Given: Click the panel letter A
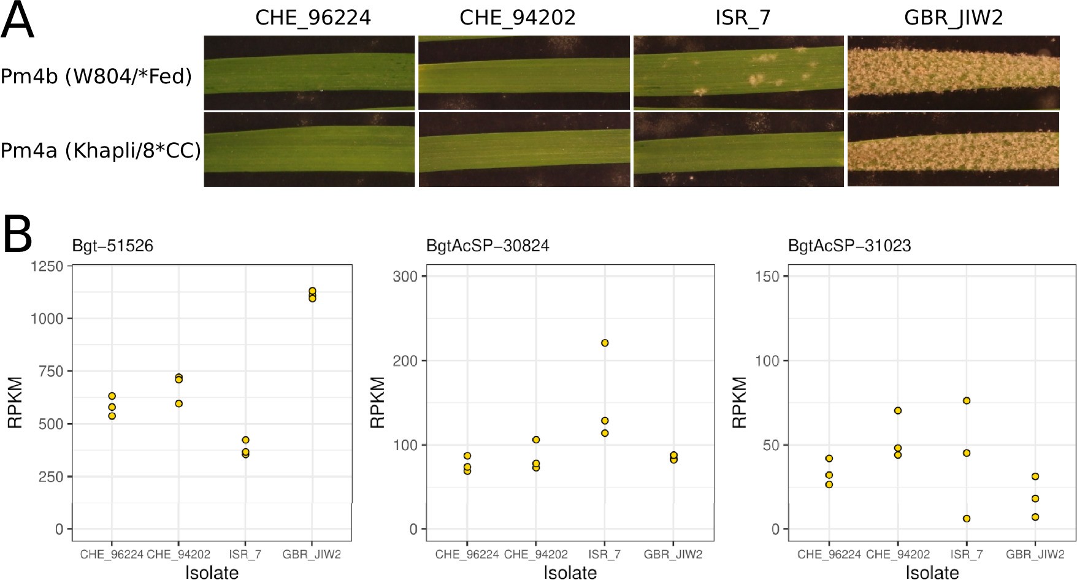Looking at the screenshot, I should coord(17,21).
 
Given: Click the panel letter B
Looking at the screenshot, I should coord(17,235).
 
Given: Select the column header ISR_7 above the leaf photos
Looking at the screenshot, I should coord(742,17).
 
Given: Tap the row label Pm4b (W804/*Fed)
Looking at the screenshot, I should coord(96,77).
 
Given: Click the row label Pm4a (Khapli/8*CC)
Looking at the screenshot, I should coord(101,150).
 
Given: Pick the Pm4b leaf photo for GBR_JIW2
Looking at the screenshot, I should coord(953,72).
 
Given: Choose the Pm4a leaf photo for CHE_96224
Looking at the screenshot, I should coord(309,150).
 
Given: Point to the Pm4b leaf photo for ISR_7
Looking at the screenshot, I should coord(738,72).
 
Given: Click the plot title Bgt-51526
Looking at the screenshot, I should coord(113,246).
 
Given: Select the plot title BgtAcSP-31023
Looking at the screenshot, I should coord(849,246).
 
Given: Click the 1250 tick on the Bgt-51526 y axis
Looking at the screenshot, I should coord(47,266).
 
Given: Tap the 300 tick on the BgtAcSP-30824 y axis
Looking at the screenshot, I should coord(405,277).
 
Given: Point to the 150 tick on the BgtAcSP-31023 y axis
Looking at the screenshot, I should coord(767,277).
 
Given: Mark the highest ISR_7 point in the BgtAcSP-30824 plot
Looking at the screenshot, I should coord(605,343).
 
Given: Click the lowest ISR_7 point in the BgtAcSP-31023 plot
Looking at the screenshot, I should coord(967,519).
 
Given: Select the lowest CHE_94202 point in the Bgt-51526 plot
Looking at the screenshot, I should coord(179,403).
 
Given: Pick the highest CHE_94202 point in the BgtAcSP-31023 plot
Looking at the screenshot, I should coord(898,411).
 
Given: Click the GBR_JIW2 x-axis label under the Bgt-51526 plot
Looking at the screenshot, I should coord(312,554).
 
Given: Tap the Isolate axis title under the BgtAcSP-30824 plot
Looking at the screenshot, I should coord(570,572).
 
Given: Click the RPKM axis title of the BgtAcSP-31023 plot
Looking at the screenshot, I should coord(740,402).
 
